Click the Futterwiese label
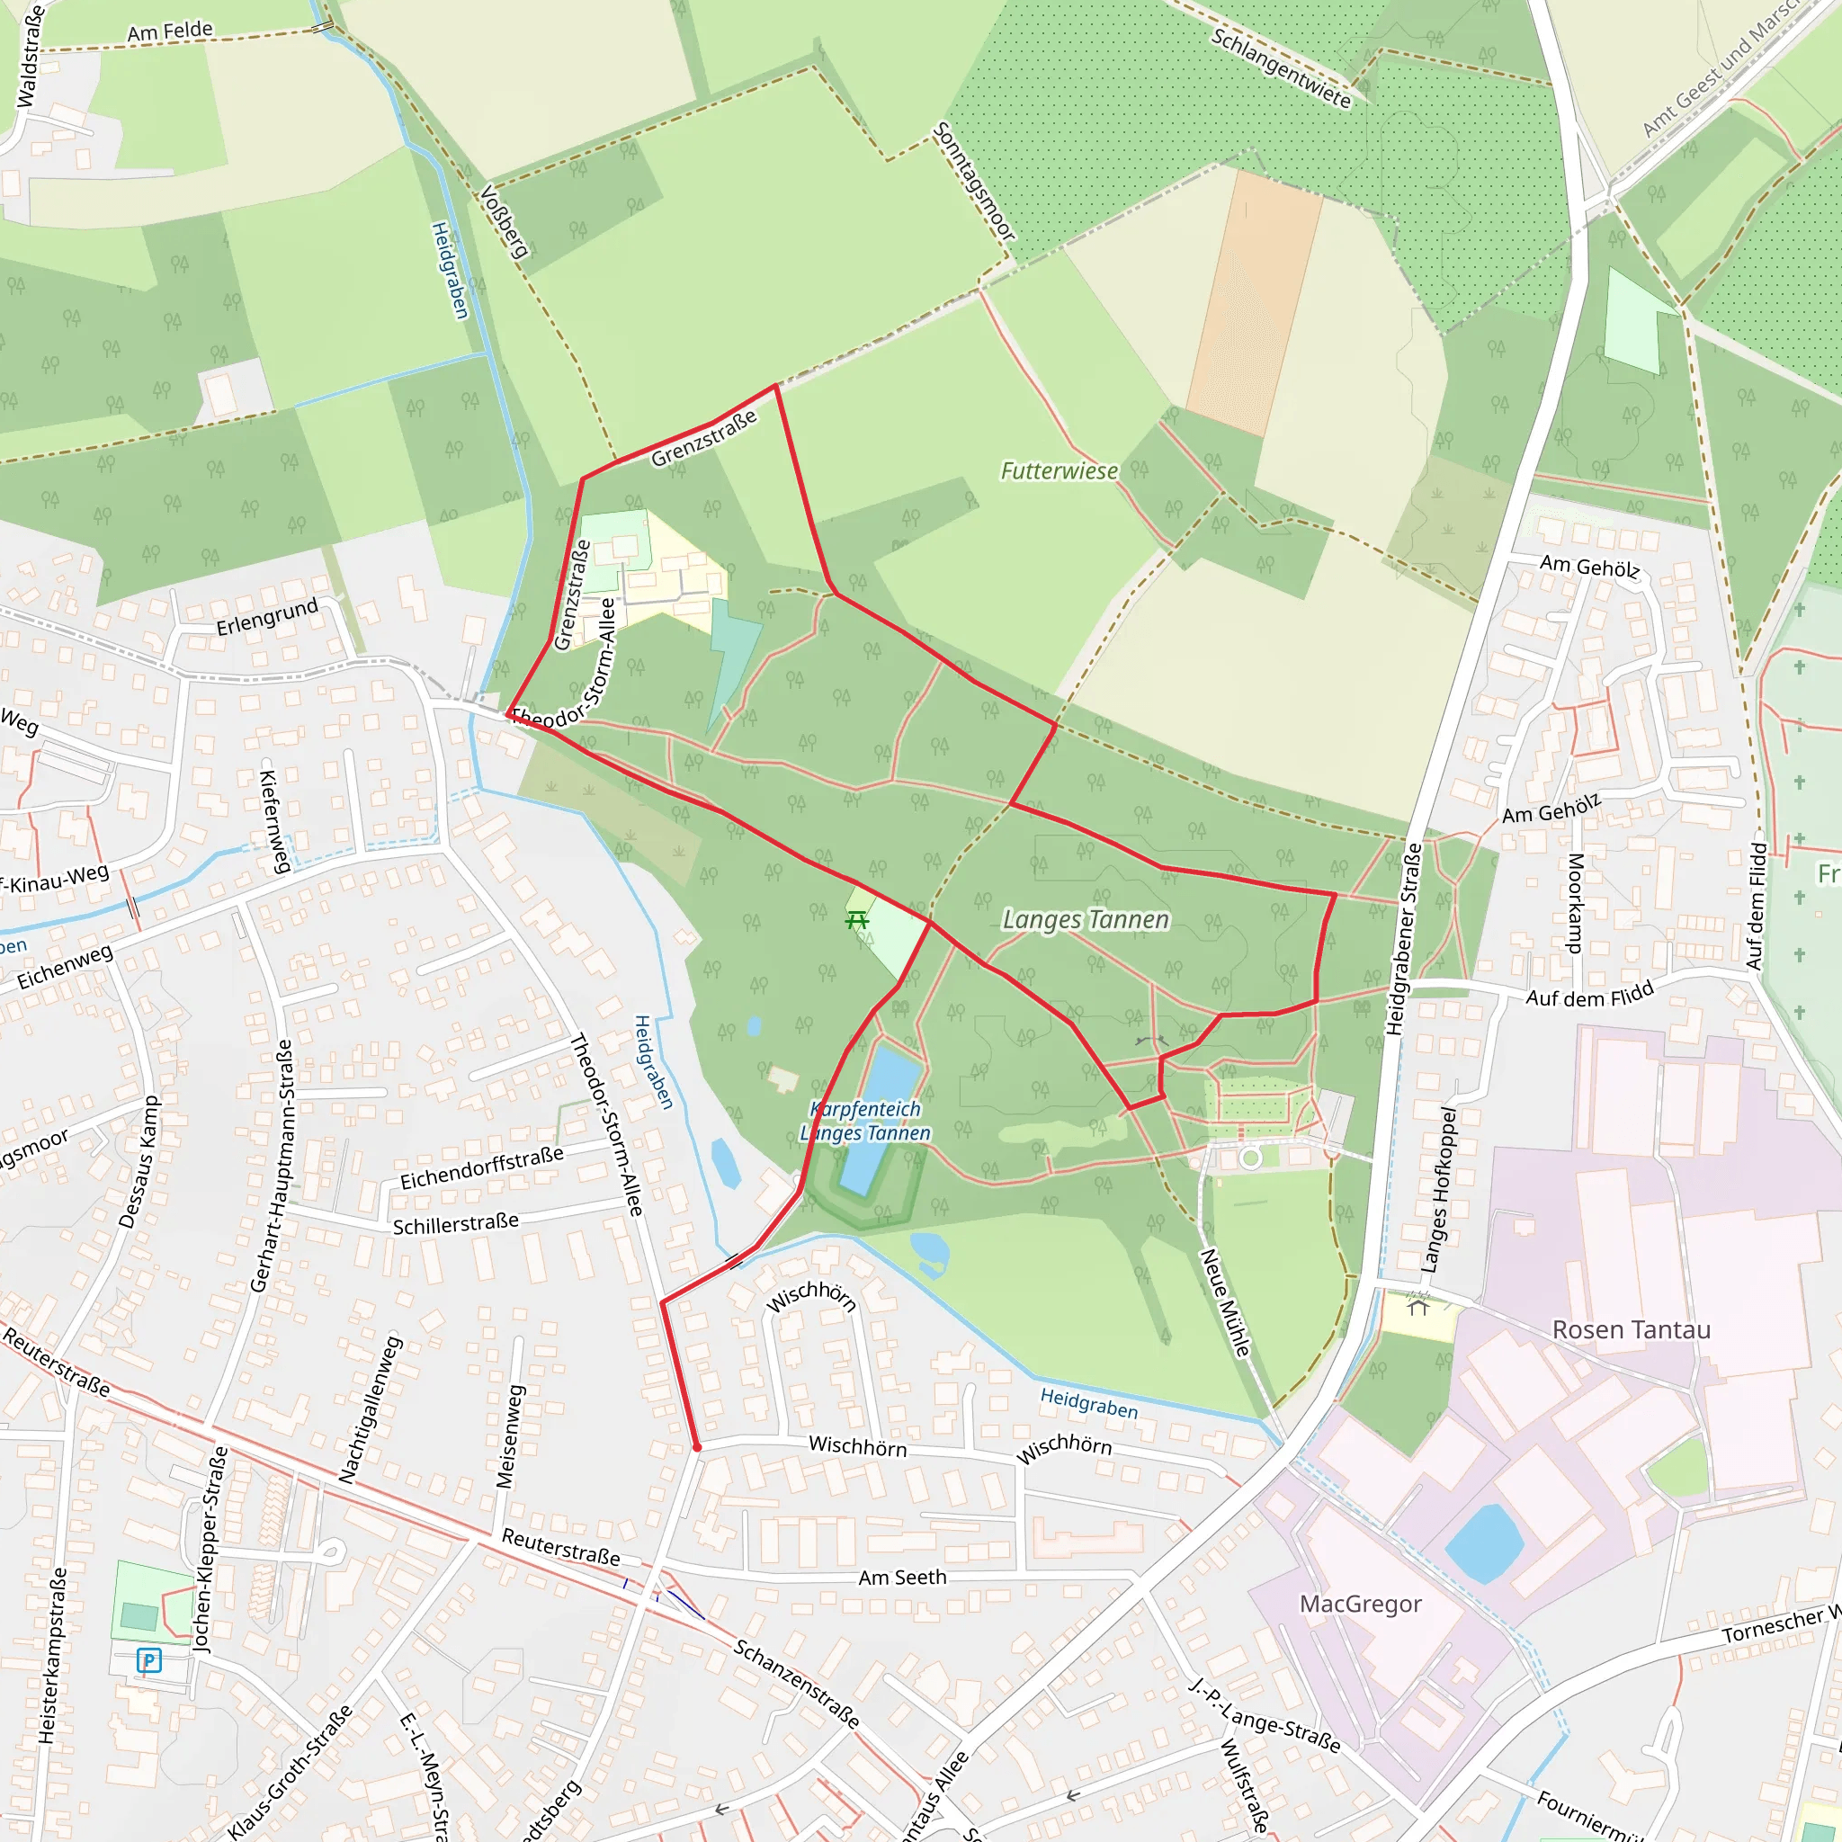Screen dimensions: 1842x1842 [1059, 471]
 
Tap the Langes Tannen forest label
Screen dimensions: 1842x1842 [1085, 919]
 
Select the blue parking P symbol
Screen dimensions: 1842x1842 [148, 1660]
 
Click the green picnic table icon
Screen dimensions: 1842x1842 [857, 920]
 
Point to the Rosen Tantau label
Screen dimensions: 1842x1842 [1631, 1330]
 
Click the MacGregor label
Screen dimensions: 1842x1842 [1361, 1604]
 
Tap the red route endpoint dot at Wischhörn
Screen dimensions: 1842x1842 [697, 1447]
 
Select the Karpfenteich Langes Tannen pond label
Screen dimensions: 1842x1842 [864, 1122]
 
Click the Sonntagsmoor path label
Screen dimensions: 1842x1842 [973, 181]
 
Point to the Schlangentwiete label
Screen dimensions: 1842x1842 [1281, 67]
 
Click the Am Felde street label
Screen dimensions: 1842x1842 [170, 31]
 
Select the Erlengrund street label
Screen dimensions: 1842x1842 [267, 618]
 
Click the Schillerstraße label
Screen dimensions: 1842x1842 [456, 1224]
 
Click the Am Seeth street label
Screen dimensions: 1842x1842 [902, 1578]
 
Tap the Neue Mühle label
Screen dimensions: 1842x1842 [1224, 1302]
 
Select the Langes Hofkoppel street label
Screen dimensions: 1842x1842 [1439, 1190]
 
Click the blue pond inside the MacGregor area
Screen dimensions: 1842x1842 [1483, 1542]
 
